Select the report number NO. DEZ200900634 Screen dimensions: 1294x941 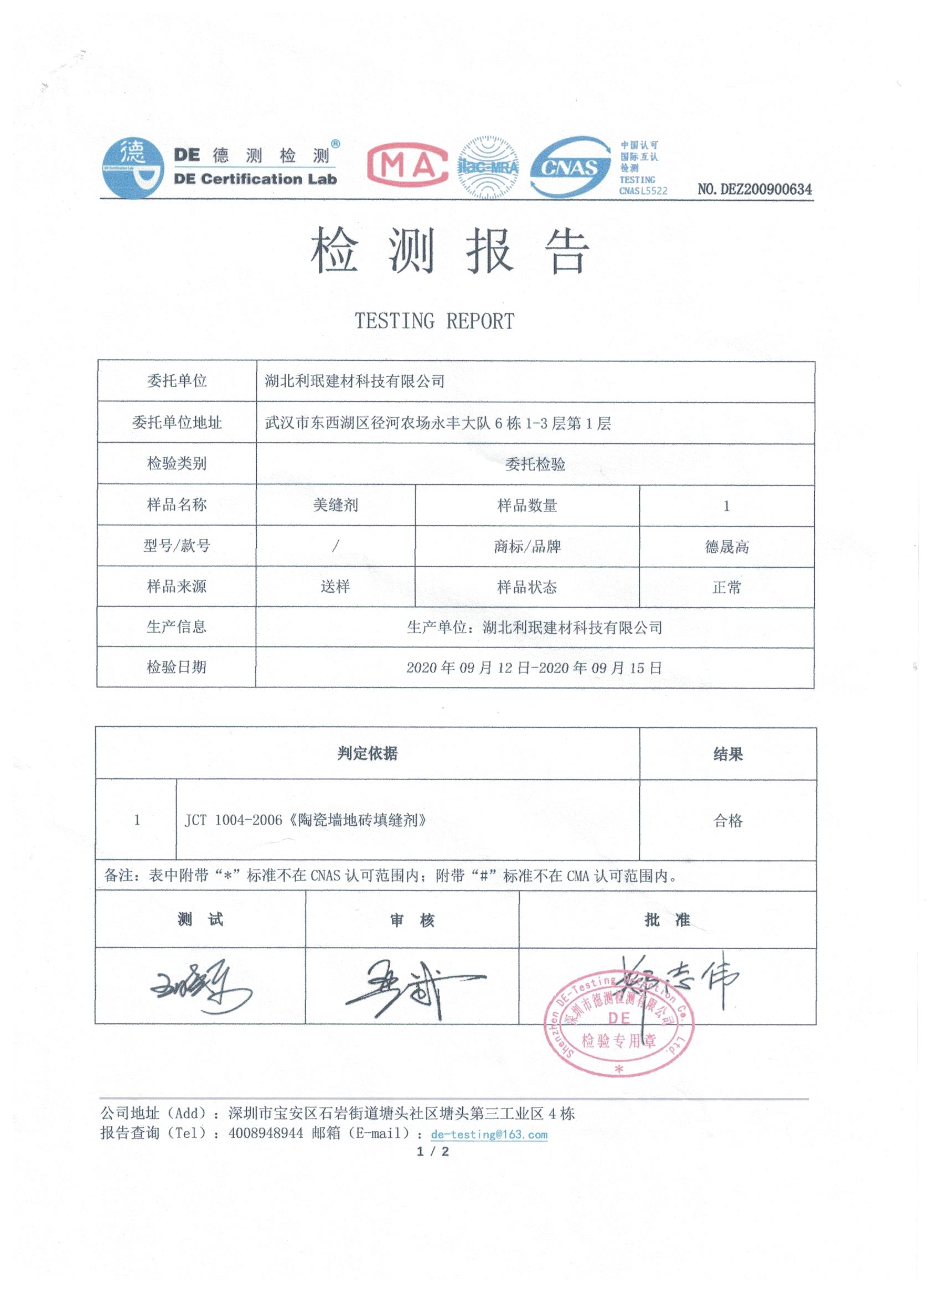pos(754,189)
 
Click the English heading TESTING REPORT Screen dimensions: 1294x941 pos(435,321)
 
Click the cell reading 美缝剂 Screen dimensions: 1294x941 pos(335,505)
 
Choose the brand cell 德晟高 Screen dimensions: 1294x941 pos(726,547)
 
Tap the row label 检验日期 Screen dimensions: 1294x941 pos(177,667)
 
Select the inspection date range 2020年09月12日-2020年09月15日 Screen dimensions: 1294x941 pos(534,667)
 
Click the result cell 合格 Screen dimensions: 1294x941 pos(727,820)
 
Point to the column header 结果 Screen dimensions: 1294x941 pos(727,754)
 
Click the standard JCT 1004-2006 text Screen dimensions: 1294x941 pos(306,820)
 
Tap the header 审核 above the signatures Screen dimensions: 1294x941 pos(412,920)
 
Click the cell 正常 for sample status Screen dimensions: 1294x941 pos(726,587)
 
